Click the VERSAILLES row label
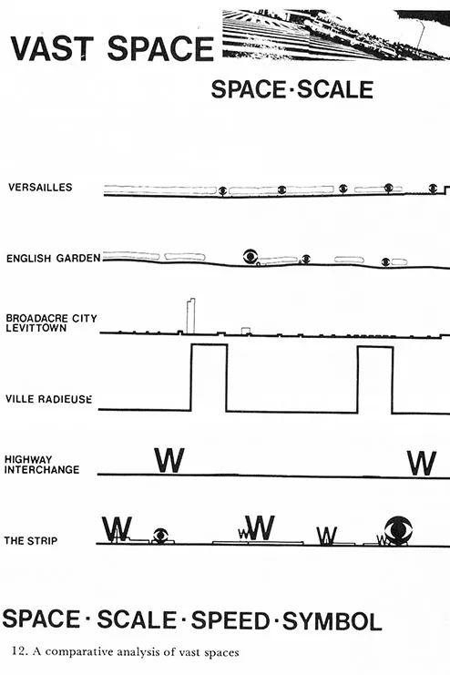(x=40, y=188)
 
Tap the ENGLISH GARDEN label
(x=54, y=259)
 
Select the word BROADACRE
(x=37, y=319)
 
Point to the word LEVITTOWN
(x=36, y=328)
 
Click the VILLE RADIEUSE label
(x=48, y=399)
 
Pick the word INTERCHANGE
(x=42, y=469)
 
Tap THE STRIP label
(x=31, y=541)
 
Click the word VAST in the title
(x=52, y=48)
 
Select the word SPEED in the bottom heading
(x=230, y=620)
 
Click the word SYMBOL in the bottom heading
(x=332, y=621)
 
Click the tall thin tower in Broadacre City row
(x=190, y=316)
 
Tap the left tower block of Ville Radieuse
(x=209, y=345)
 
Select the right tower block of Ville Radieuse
(x=375, y=347)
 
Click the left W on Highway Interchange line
(x=169, y=460)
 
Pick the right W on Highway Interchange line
(x=422, y=463)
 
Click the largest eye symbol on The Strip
(x=398, y=529)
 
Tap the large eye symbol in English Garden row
(x=251, y=257)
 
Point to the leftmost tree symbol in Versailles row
(x=222, y=190)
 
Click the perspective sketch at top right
(x=336, y=36)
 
